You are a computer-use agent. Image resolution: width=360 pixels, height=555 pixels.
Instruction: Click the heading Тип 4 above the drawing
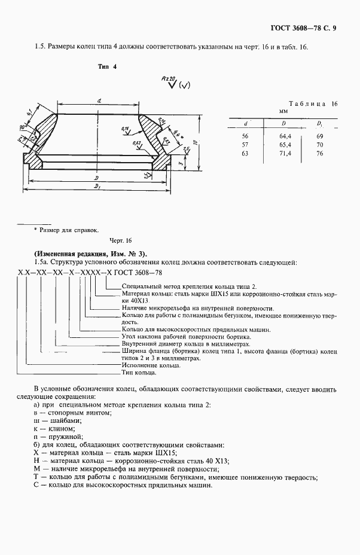coord(107,66)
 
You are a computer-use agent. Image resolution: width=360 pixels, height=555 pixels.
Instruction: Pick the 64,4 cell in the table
coord(285,137)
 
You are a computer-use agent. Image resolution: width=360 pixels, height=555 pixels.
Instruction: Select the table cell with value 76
coord(320,154)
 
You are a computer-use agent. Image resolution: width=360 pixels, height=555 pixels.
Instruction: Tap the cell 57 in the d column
coord(245,145)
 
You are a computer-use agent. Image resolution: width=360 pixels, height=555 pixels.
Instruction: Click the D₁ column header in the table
coord(320,124)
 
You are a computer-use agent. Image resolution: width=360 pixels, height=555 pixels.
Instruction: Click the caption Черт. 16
coord(120,240)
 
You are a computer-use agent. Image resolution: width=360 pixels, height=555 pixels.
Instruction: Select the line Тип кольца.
coord(139,373)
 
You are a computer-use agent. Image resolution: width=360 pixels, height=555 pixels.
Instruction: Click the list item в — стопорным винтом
coord(73,413)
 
